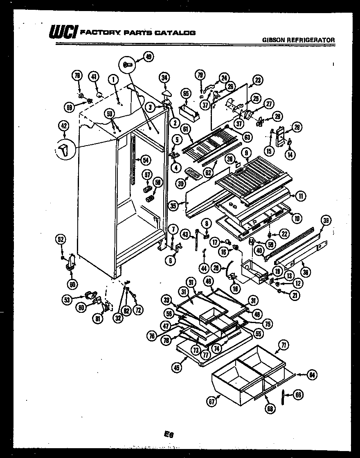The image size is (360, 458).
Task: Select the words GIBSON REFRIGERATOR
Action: (298, 40)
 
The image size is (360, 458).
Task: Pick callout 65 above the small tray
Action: (186, 94)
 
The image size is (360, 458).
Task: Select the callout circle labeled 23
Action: (258, 80)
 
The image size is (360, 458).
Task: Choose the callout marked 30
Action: (180, 184)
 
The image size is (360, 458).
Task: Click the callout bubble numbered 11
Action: (301, 196)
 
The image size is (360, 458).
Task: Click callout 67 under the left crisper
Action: (211, 402)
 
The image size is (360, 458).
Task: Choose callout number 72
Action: (138, 310)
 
